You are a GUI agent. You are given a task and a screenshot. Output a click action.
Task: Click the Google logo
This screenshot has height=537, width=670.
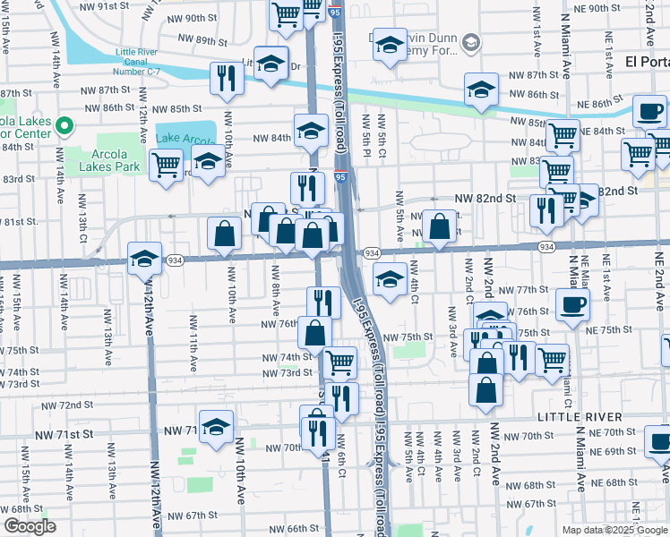click(x=30, y=526)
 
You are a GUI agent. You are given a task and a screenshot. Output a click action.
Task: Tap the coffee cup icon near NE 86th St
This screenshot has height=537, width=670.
click(x=649, y=112)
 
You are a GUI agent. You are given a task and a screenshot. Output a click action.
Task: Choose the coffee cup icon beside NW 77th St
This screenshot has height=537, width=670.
click(x=571, y=304)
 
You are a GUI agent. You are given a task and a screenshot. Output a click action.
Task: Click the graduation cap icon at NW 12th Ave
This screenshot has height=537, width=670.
click(x=144, y=259)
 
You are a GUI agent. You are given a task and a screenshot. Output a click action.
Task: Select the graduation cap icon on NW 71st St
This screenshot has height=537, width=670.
click(x=216, y=426)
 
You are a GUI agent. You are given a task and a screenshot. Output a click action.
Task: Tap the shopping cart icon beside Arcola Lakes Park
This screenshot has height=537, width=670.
click(x=166, y=165)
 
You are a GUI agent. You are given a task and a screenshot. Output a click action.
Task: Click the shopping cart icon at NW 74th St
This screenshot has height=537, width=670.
click(x=339, y=362)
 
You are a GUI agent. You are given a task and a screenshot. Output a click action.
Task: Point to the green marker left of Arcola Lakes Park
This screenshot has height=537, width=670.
click(x=64, y=126)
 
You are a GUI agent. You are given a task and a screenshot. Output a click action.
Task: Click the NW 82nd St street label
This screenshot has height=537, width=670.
click(x=485, y=198)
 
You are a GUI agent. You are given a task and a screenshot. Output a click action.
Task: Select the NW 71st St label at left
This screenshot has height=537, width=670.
click(x=64, y=434)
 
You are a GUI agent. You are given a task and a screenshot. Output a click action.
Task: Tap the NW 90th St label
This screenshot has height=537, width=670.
click(x=192, y=18)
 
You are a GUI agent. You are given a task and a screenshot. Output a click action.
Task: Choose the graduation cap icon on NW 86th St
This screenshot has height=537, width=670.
click(x=481, y=89)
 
